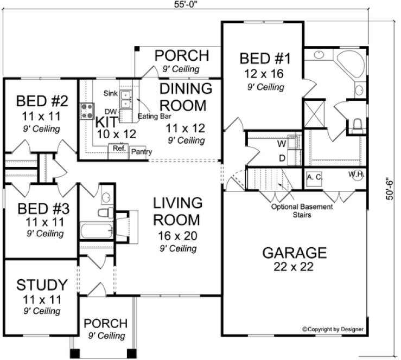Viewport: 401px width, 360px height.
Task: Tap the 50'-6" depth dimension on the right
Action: coord(390,188)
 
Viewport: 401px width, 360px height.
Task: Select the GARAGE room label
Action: coord(295,253)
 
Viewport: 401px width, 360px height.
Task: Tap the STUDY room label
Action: coord(42,285)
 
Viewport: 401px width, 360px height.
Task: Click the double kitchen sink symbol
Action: coord(127,99)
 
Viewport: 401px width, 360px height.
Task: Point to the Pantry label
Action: coord(141,152)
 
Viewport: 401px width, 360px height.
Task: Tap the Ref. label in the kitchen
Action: coord(117,147)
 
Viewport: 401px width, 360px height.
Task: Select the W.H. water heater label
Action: coord(356,175)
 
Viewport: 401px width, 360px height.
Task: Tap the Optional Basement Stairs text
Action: coord(293,210)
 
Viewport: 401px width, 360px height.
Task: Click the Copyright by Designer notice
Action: coord(333,329)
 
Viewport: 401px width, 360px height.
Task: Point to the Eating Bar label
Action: coord(149,117)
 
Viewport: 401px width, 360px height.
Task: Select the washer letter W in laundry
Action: coord(282,145)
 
